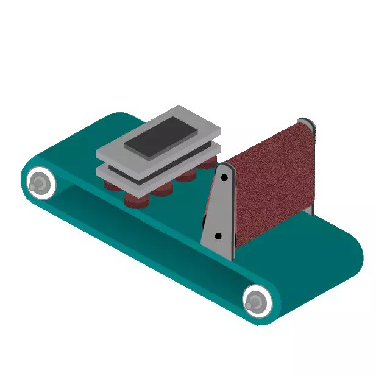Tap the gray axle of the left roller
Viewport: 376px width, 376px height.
click(40, 182)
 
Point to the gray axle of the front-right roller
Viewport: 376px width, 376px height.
click(256, 300)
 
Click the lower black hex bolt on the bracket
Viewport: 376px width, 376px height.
click(219, 234)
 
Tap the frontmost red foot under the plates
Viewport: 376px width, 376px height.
click(136, 200)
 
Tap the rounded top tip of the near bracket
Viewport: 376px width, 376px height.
click(227, 165)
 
